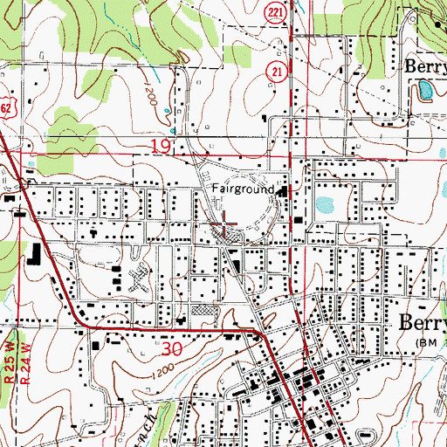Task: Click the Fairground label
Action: pyautogui.click(x=244, y=189)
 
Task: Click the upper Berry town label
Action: pyautogui.click(x=424, y=65)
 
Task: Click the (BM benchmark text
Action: pyautogui.click(x=430, y=341)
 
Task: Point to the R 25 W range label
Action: pyautogui.click(x=10, y=343)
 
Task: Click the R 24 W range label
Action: pyautogui.click(x=21, y=343)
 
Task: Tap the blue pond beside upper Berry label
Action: pyautogui.click(x=424, y=88)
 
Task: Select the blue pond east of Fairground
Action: pyautogui.click(x=324, y=205)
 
